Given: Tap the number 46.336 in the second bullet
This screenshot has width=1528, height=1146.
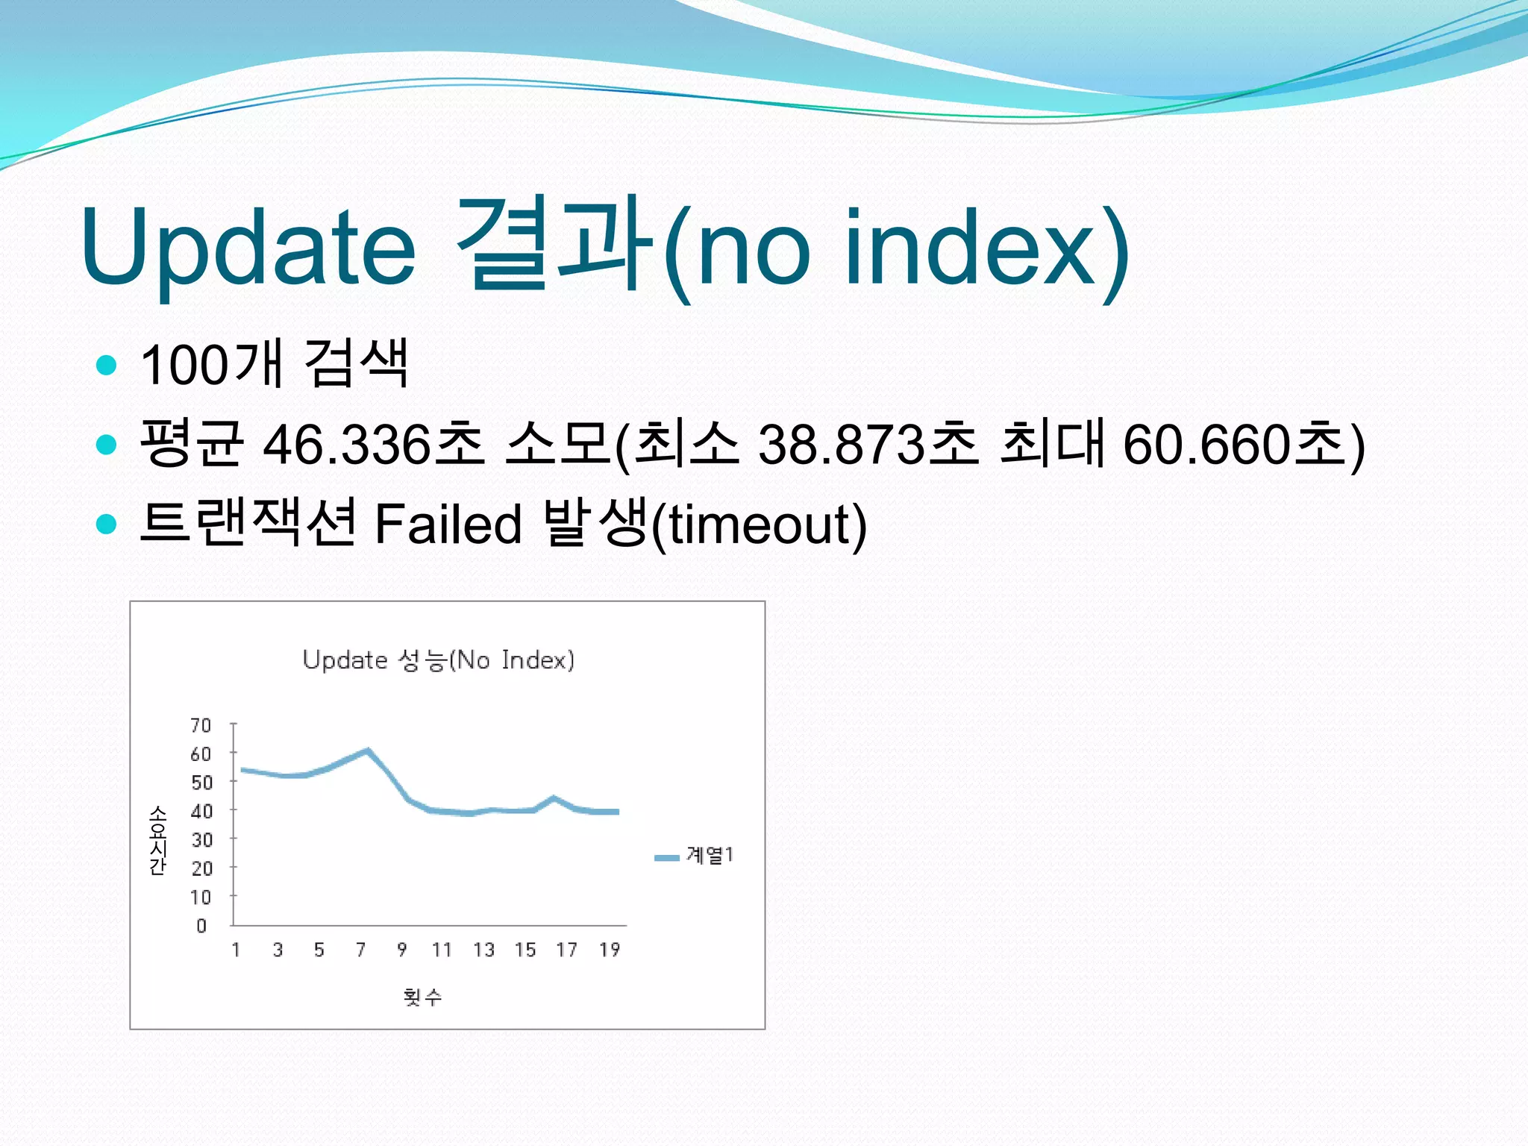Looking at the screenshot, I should click(347, 445).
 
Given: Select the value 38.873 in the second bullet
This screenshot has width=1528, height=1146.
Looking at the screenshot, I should click(841, 445).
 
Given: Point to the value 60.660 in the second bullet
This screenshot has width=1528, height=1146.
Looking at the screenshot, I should click(1206, 445).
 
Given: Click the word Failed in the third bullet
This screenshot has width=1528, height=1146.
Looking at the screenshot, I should click(448, 524).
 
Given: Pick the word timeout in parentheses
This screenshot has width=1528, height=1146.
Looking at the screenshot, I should click(759, 524).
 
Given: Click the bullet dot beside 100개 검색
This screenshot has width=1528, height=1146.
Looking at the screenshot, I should click(107, 366).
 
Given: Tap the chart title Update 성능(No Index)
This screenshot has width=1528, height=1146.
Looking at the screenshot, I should click(439, 660).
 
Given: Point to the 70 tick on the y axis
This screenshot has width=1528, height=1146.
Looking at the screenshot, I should click(201, 725).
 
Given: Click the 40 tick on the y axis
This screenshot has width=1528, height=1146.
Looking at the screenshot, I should click(201, 811).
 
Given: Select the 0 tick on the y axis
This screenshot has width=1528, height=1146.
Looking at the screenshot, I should click(201, 926).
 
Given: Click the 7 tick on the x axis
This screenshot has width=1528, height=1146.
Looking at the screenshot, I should click(361, 950).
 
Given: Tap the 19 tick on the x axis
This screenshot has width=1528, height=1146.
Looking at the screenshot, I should click(610, 950).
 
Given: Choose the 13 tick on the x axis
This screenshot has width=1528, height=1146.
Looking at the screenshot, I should click(483, 950).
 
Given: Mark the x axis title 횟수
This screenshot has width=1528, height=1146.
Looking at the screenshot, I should click(422, 997).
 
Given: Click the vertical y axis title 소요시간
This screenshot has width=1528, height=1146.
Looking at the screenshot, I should click(157, 839).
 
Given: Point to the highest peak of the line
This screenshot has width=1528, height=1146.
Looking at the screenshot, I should click(367, 750).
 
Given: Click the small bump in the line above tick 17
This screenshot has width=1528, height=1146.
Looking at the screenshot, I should click(554, 798).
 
